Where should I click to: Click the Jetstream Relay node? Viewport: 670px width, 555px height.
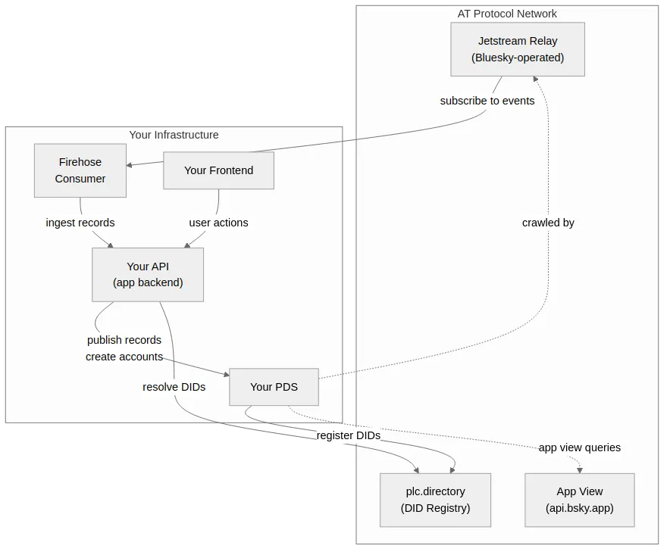(x=518, y=49)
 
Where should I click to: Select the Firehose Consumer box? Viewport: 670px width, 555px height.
(x=80, y=170)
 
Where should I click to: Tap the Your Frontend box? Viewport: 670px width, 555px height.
(x=218, y=170)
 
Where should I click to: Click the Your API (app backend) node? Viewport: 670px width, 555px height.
(x=148, y=275)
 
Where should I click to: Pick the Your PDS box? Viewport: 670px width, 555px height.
(x=274, y=387)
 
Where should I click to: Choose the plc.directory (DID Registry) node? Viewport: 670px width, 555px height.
(x=435, y=500)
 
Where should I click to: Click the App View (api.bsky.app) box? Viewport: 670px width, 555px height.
(x=579, y=500)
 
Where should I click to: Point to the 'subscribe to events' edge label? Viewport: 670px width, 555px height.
(x=487, y=101)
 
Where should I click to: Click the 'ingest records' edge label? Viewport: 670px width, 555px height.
(x=80, y=223)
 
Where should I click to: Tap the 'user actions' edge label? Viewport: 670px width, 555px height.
(x=218, y=223)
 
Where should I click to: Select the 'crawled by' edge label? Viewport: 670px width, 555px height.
(x=548, y=223)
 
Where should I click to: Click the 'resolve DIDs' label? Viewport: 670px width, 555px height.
(x=174, y=387)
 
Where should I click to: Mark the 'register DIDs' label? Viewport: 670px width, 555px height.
(x=348, y=436)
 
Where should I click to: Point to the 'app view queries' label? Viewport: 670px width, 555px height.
(x=579, y=447)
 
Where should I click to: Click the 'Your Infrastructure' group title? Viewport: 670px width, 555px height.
(x=174, y=135)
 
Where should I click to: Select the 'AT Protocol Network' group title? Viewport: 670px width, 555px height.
(x=507, y=14)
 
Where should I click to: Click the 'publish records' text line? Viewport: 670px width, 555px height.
(x=124, y=340)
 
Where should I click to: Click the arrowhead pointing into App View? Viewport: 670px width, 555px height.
(x=580, y=469)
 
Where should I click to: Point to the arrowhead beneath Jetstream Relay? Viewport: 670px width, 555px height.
(x=534, y=80)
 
